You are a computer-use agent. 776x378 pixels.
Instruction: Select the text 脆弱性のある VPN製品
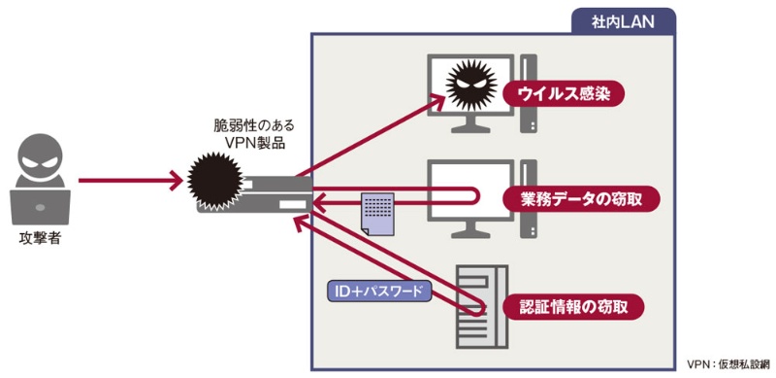click(x=254, y=136)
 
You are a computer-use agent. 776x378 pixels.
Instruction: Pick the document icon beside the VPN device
click(x=377, y=214)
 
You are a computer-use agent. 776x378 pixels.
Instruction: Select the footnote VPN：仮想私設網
click(x=727, y=363)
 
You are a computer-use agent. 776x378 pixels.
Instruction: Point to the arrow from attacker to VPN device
click(x=131, y=180)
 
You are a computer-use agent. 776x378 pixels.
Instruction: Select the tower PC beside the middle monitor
click(x=530, y=199)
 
